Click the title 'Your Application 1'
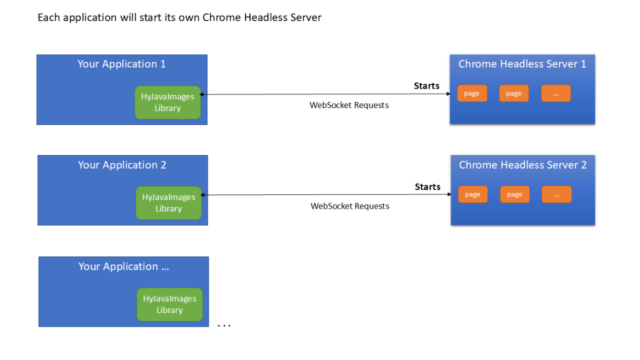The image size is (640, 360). click(122, 64)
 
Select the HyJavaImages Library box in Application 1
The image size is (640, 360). click(167, 102)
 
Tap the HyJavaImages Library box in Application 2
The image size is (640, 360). click(169, 203)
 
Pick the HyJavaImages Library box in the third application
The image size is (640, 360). click(170, 304)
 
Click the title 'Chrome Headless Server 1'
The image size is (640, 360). click(522, 64)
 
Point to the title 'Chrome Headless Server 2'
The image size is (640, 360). click(523, 165)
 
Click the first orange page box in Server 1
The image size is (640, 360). click(472, 94)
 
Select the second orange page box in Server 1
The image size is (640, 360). click(514, 94)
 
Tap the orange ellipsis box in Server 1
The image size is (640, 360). click(556, 94)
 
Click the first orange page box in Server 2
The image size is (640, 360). click(472, 194)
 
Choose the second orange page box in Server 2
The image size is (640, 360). click(515, 194)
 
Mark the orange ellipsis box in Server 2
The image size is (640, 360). click(557, 194)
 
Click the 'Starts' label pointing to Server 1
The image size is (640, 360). click(426, 86)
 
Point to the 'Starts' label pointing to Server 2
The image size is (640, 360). click(427, 187)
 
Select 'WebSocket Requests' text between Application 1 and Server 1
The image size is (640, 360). click(349, 105)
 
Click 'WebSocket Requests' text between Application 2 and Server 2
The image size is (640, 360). click(350, 206)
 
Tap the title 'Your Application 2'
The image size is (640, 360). click(122, 165)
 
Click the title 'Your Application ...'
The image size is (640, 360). click(124, 266)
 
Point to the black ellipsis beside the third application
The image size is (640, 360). click(224, 326)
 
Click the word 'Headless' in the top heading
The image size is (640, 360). click(266, 17)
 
